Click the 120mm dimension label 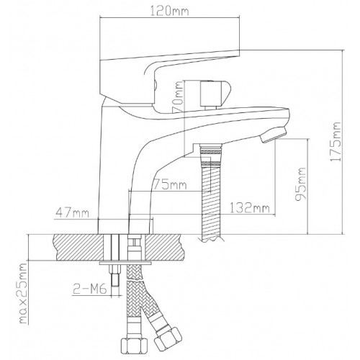point(170,11)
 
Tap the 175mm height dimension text point(336,142)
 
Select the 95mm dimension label point(301,184)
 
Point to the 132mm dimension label point(250,207)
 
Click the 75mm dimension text point(170,184)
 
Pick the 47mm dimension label point(72,212)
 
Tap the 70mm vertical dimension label point(179,96)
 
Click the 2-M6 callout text point(89,289)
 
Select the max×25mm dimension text point(23,294)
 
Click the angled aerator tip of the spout point(274,135)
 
